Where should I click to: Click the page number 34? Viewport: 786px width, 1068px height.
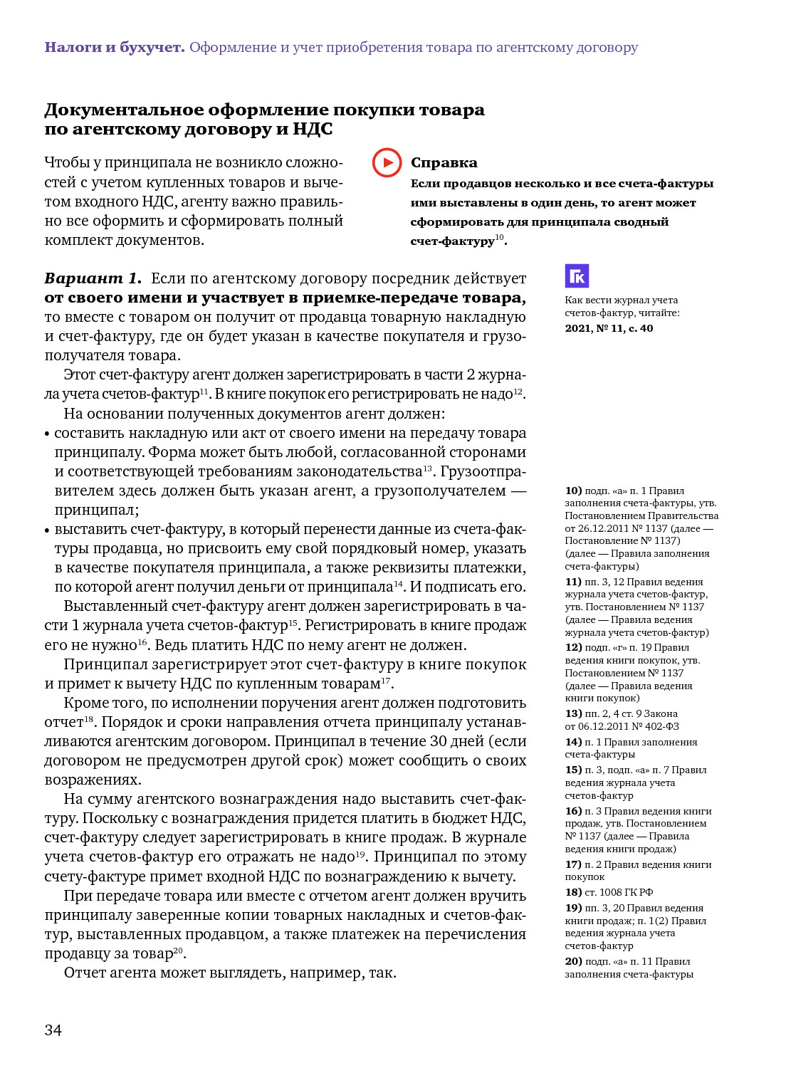[53, 1030]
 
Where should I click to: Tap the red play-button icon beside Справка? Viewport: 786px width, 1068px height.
[387, 162]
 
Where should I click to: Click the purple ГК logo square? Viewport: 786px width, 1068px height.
[577, 276]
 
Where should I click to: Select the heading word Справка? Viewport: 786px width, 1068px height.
[444, 163]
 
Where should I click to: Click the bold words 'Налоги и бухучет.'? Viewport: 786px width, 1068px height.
[115, 48]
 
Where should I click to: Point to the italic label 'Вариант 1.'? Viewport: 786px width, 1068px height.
[93, 278]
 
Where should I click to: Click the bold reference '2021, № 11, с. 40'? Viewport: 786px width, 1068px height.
[609, 328]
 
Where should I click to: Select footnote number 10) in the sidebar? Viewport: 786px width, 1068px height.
[573, 491]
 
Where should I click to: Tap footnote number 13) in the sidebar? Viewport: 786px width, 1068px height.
[573, 713]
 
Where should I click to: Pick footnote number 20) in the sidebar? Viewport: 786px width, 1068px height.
[573, 961]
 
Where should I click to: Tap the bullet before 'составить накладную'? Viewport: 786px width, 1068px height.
[47, 434]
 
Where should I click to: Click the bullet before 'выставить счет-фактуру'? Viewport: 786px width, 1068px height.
[47, 530]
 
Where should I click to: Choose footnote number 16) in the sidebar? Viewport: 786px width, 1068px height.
[573, 811]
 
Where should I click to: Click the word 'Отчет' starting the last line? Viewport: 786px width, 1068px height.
[84, 973]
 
